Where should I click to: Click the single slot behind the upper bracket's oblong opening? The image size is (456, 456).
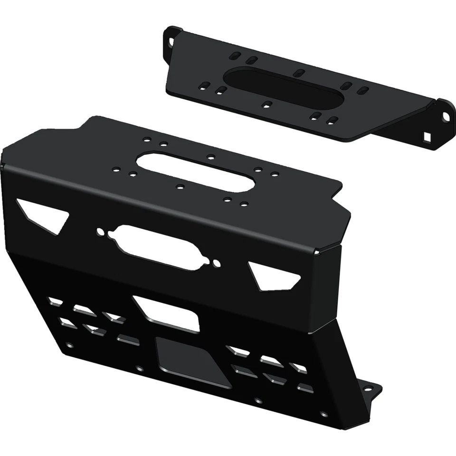tap(299, 73)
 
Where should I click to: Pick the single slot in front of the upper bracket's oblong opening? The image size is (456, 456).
tap(267, 104)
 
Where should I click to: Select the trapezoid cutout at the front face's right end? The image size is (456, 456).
tap(275, 276)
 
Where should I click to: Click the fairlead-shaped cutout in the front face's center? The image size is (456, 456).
tap(157, 247)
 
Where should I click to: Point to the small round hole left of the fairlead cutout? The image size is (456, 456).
tap(101, 232)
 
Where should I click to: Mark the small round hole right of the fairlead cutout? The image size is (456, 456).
tap(216, 263)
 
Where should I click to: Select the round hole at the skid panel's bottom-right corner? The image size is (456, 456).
tap(324, 414)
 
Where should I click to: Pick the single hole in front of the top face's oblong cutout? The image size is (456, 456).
tap(179, 186)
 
